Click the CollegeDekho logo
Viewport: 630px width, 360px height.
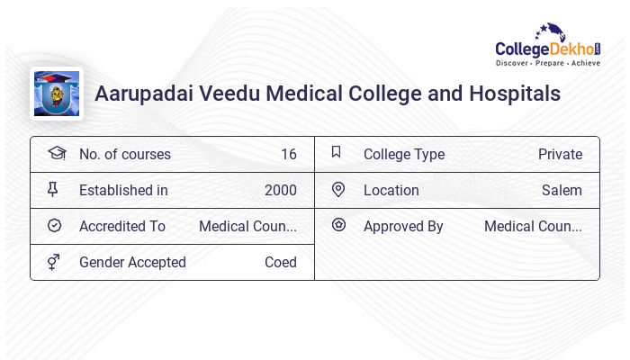548,47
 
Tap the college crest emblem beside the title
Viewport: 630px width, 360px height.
56,94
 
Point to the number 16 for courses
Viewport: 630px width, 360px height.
288,154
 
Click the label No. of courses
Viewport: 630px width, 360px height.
124,154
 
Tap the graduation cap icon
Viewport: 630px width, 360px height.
56,153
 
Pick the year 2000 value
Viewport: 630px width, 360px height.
280,190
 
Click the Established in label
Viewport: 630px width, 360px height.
123,190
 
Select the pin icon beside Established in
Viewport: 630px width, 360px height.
54,189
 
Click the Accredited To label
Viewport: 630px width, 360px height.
122,226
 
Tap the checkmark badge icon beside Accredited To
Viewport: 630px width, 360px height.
54,225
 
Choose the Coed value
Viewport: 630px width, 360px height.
280,262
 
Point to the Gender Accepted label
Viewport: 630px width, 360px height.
132,262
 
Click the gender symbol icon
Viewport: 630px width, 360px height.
54,261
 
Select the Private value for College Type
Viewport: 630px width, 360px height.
560,154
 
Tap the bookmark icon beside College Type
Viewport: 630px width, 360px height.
337,152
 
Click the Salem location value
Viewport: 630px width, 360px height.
562,190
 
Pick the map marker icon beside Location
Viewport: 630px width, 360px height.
337,189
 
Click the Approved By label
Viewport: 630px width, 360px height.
403,226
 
